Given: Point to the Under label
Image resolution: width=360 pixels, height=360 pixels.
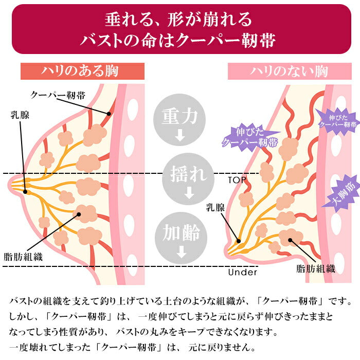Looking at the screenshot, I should (x=242, y=272).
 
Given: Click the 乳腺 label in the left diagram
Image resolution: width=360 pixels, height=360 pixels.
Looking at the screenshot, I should (x=20, y=114).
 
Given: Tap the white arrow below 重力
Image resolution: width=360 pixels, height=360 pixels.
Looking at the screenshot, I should (x=180, y=137).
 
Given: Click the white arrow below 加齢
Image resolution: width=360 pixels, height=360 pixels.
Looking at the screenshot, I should (x=180, y=253).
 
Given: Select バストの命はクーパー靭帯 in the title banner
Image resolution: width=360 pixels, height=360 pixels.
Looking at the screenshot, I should (x=179, y=40).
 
